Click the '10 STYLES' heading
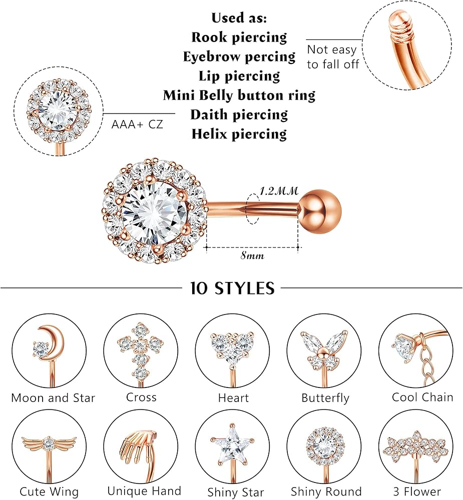click(x=232, y=288)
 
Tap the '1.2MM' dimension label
click(x=279, y=190)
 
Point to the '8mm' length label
click(x=252, y=255)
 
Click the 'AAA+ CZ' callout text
click(x=137, y=124)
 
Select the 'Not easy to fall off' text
click(x=332, y=56)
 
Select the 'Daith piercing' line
click(x=239, y=114)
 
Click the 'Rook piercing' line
click(x=239, y=37)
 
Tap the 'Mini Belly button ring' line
click(x=239, y=95)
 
